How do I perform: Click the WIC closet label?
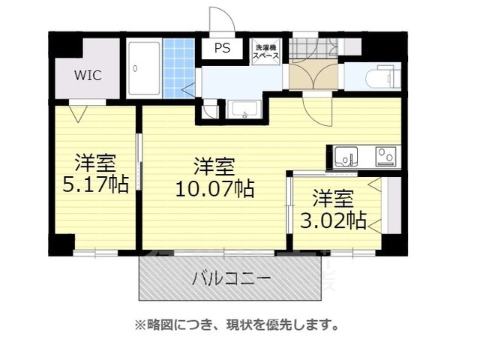click(88, 75)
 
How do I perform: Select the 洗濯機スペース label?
click(265, 51)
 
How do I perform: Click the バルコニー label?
click(231, 280)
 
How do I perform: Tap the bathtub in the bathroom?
click(142, 69)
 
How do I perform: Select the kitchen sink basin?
click(346, 157)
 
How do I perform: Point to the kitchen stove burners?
click(385, 156)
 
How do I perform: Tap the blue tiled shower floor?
click(178, 67)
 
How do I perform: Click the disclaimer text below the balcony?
click(235, 325)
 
